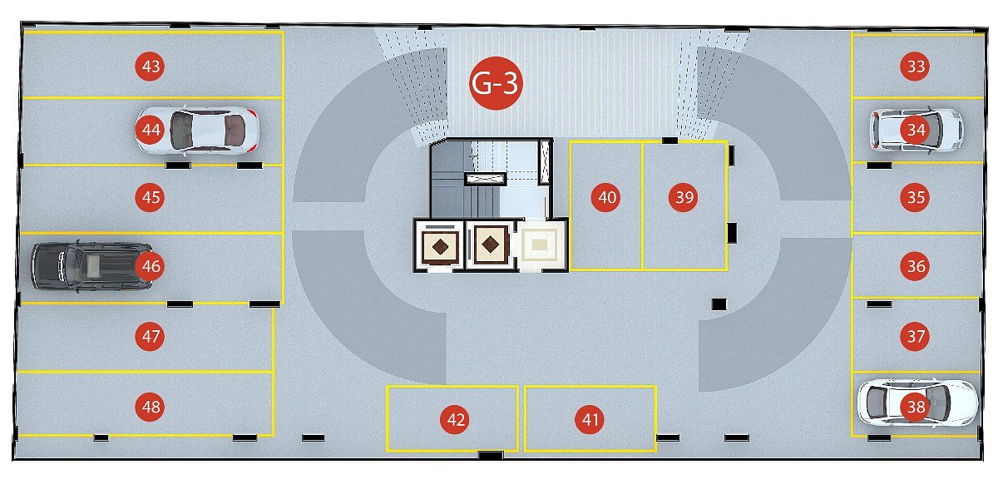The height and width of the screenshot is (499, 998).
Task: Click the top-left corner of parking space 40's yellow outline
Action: pos(571,142)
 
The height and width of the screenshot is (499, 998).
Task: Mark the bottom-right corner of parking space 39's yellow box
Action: pos(727,269)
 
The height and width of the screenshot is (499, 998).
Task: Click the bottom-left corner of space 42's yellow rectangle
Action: pos(388,451)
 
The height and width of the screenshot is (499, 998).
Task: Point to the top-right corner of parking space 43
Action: pos(283,32)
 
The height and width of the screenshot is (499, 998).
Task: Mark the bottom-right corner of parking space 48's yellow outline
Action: pos(273,435)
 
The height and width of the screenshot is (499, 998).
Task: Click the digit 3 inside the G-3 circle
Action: pos(509,83)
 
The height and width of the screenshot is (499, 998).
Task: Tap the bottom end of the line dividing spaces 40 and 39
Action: pos(642,269)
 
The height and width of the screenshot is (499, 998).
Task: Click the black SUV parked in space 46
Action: pos(91,266)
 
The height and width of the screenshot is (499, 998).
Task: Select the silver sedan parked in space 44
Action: pos(197,131)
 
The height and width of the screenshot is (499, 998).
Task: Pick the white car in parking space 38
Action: pos(918,403)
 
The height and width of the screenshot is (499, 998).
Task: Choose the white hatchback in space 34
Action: pos(916,130)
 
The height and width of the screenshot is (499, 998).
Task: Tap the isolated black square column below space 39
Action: pos(719,304)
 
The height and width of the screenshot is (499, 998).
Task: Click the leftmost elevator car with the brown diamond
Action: pos(440,246)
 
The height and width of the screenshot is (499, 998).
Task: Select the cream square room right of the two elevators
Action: pos(540,245)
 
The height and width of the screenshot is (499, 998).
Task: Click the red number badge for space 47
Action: pos(150,336)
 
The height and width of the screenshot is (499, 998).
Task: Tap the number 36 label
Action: pos(915,266)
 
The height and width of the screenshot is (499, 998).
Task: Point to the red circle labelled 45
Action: pos(150,197)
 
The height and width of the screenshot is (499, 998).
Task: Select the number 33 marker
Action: pos(915,67)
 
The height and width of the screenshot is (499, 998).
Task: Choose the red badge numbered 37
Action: pos(915,336)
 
